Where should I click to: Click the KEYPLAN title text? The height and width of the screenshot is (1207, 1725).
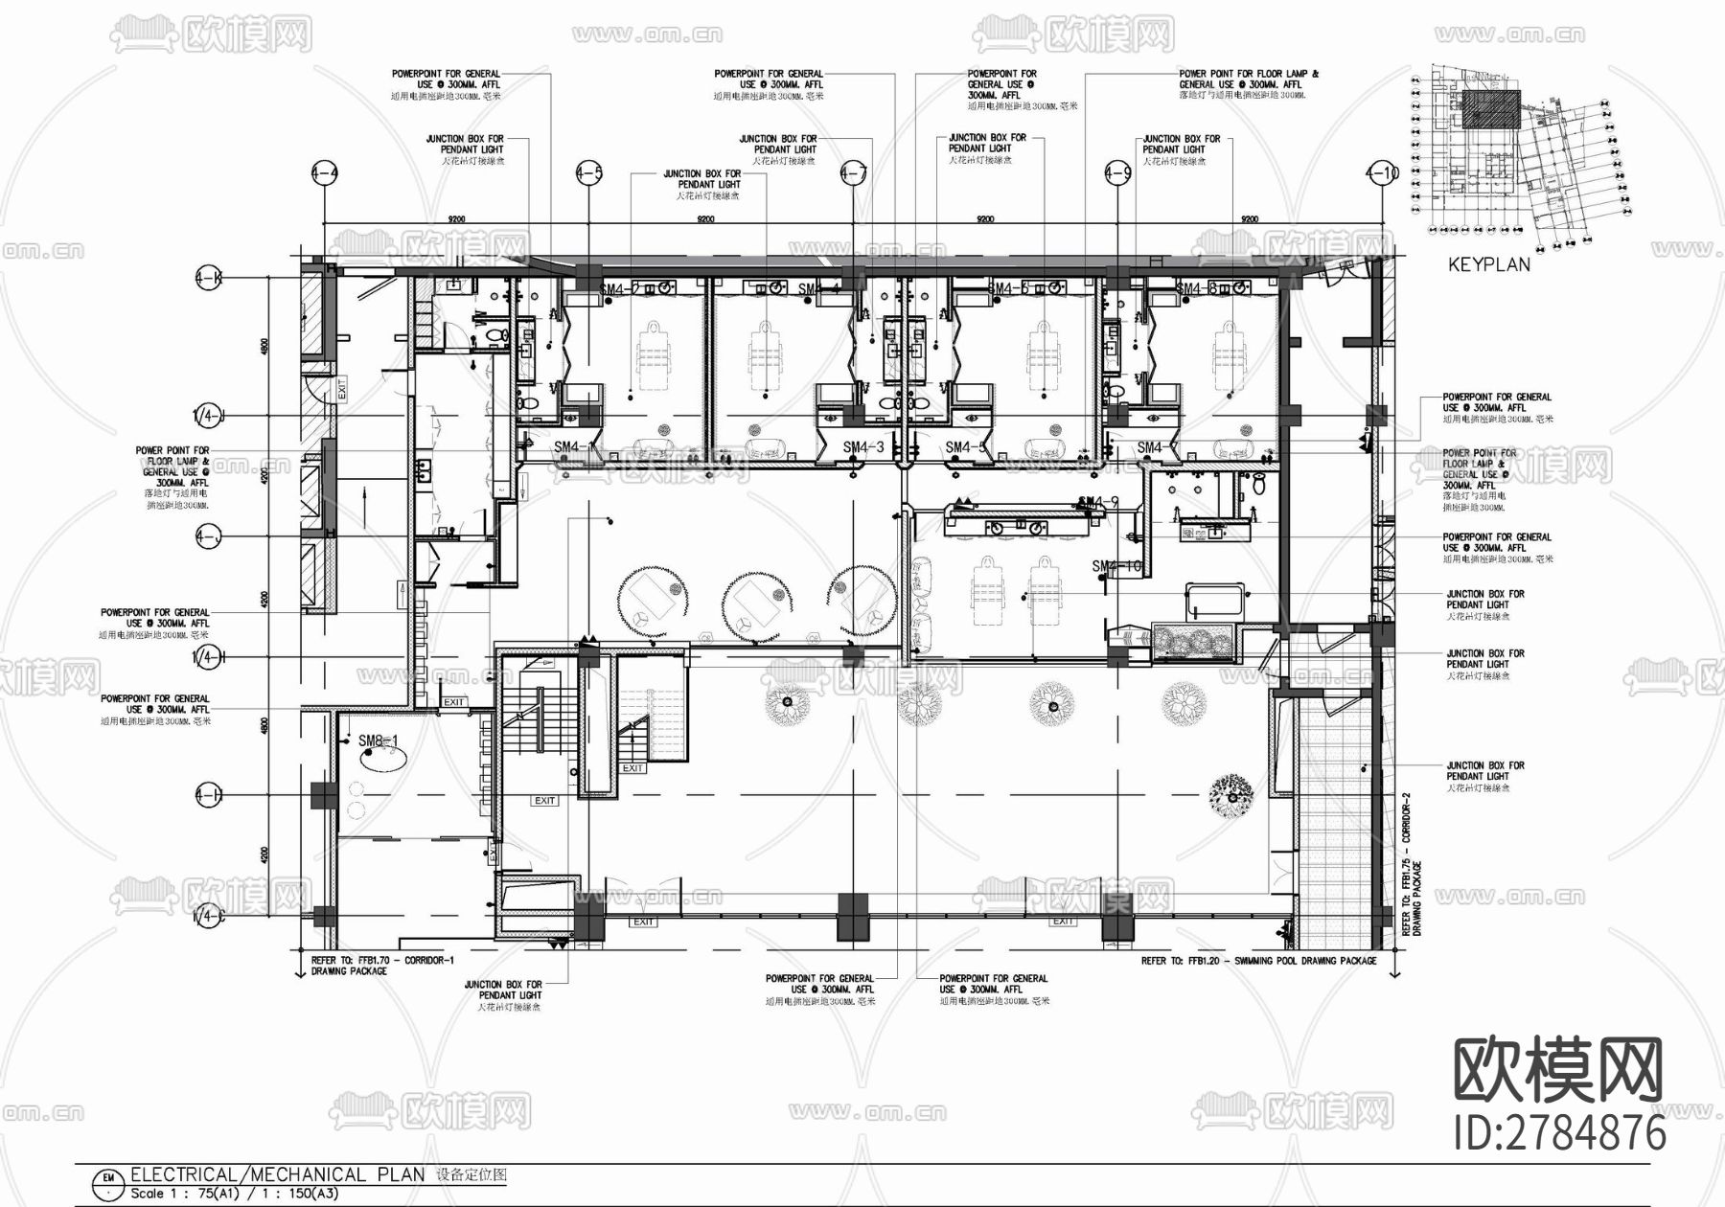pyautogui.click(x=1488, y=264)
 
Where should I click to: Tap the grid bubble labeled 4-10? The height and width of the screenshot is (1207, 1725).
pyautogui.click(x=1381, y=173)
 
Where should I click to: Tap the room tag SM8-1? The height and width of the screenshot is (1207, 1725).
pyautogui.click(x=378, y=741)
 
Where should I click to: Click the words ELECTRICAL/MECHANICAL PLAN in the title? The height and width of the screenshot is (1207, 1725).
pyautogui.click(x=277, y=1174)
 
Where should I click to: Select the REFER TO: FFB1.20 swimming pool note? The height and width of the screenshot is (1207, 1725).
pyautogui.click(x=1258, y=960)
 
